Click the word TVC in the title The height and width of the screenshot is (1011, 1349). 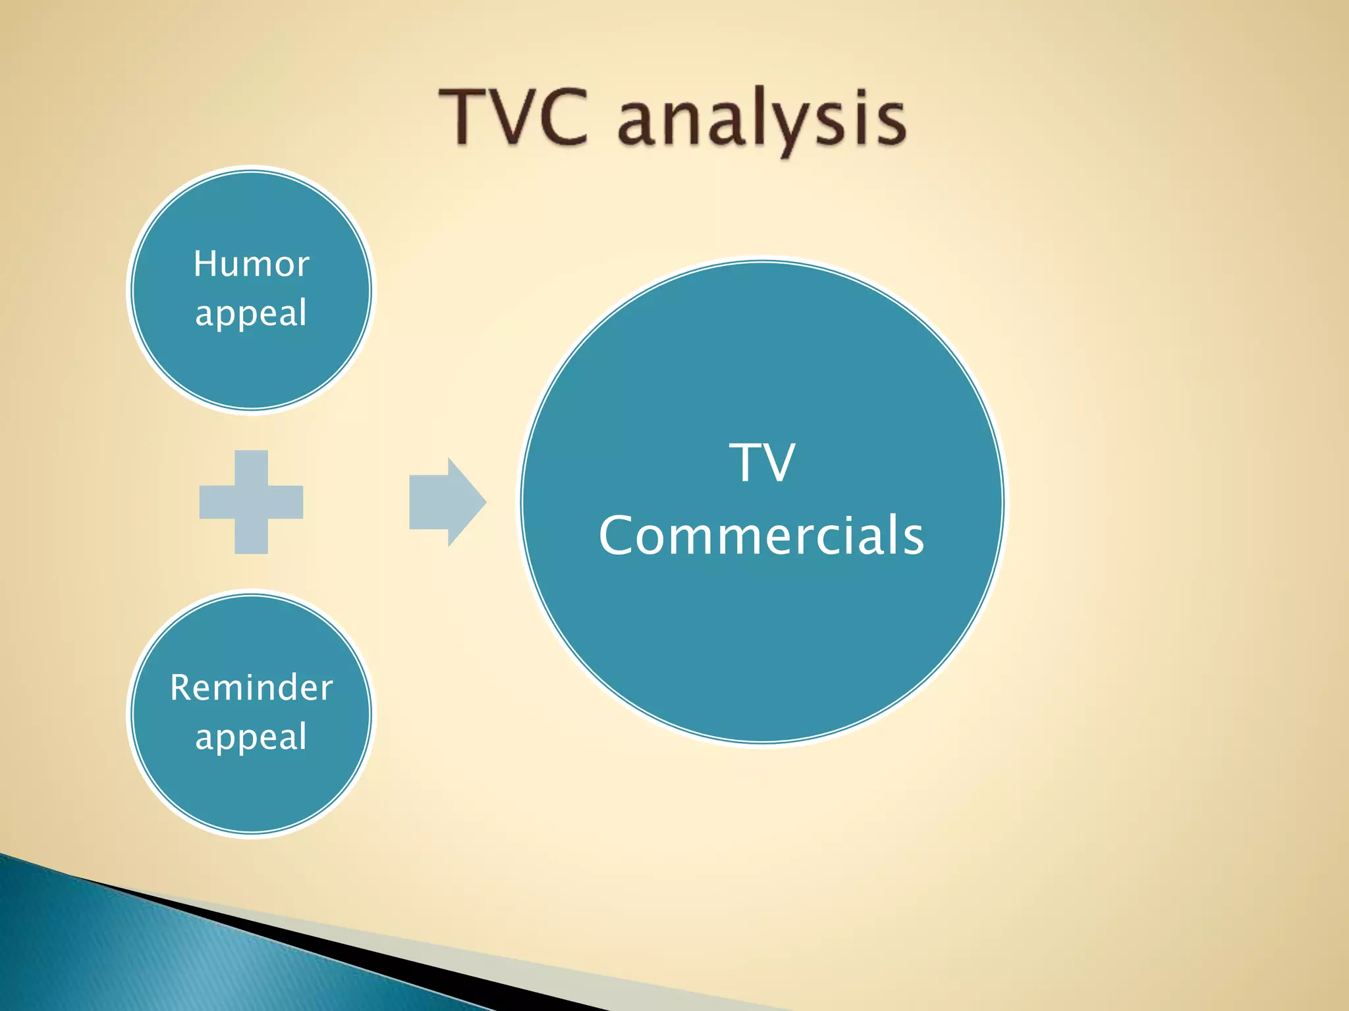click(x=514, y=117)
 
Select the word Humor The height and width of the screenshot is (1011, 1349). click(x=251, y=264)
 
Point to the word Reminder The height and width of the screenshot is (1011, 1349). click(x=251, y=688)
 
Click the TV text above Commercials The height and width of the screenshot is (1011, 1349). click(x=762, y=462)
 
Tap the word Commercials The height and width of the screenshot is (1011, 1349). click(x=761, y=535)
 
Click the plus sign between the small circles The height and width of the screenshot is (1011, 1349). click(x=251, y=502)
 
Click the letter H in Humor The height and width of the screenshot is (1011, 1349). click(x=206, y=264)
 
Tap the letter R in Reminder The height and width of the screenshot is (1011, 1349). click(x=180, y=688)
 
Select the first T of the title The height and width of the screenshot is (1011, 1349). click(x=462, y=117)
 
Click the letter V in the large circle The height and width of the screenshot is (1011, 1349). click(x=779, y=462)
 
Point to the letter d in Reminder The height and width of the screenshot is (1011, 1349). click(x=284, y=688)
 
